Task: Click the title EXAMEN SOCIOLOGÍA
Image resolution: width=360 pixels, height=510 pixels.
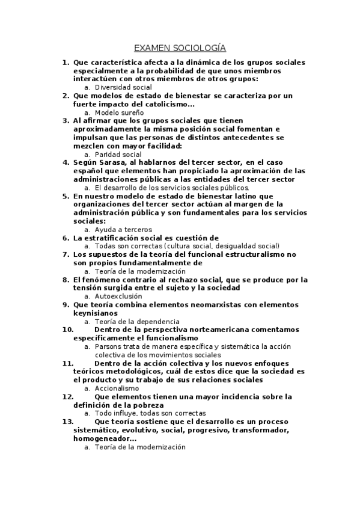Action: click(x=180, y=49)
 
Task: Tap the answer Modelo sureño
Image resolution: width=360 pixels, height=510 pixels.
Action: click(x=119, y=112)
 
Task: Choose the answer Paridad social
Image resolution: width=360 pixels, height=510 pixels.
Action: click(x=118, y=154)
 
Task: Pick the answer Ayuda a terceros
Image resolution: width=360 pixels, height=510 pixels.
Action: click(x=123, y=229)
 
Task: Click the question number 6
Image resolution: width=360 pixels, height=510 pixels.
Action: click(x=66, y=238)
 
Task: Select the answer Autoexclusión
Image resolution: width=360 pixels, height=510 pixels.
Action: click(x=118, y=296)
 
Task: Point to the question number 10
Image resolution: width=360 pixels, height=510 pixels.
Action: click(x=68, y=330)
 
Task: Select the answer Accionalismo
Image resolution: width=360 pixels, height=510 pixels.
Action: click(x=117, y=388)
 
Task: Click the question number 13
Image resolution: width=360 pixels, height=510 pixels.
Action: click(x=68, y=422)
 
